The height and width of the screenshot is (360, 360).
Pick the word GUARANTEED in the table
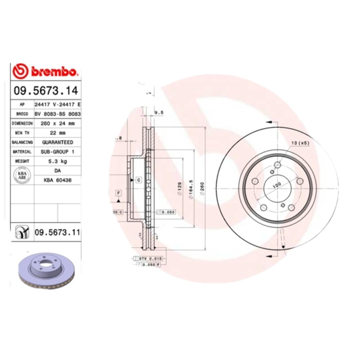tap(58, 142)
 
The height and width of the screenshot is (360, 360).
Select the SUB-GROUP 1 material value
tap(58, 152)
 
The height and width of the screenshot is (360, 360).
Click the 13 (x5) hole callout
tap(300, 143)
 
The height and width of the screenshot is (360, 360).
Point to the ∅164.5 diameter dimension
tap(191, 189)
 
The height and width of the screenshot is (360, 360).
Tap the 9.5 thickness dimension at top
tap(158, 112)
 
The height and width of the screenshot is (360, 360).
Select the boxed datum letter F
tap(119, 193)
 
